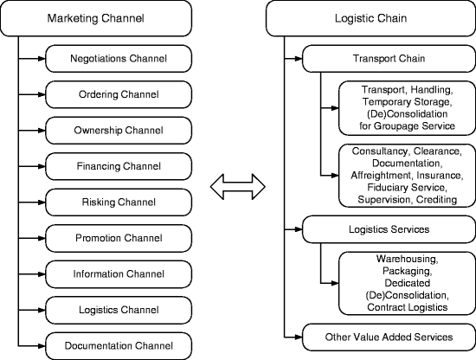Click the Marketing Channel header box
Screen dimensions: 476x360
click(96, 18)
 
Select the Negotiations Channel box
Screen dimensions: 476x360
click(119, 59)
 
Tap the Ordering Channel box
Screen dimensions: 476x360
click(119, 94)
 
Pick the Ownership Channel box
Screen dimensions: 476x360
click(119, 131)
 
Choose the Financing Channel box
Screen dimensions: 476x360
click(119, 166)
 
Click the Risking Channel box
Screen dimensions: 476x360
click(119, 202)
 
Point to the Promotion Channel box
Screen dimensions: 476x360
click(119, 238)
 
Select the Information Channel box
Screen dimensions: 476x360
click(119, 274)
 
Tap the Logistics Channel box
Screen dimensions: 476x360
click(119, 310)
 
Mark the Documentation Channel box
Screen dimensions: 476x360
click(119, 346)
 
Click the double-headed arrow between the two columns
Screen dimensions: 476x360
click(238, 187)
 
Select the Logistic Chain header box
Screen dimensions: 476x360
click(371, 18)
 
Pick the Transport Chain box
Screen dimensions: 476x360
click(389, 59)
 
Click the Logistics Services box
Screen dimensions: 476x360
click(389, 229)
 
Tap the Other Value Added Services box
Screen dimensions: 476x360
click(389, 337)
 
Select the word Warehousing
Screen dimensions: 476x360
click(407, 259)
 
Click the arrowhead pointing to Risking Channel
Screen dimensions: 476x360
click(42, 202)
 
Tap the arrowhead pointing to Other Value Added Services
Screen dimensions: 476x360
click(299, 337)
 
